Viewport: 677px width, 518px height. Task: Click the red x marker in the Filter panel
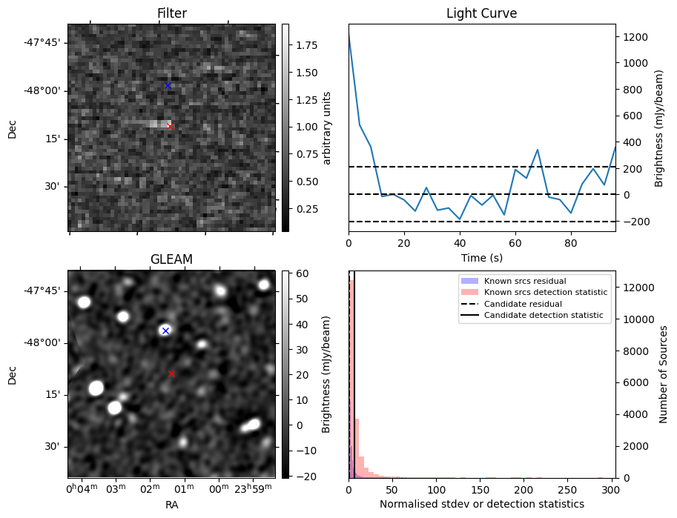click(170, 126)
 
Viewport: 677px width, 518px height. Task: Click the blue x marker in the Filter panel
click(168, 86)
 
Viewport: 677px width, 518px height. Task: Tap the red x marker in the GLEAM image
click(171, 373)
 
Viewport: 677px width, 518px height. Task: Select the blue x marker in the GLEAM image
click(165, 331)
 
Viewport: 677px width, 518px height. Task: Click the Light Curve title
click(481, 13)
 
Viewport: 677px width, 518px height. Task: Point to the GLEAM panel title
click(171, 259)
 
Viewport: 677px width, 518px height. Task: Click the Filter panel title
click(171, 13)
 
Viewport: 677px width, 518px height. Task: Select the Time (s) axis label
click(481, 257)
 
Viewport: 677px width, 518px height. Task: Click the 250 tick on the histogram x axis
click(567, 490)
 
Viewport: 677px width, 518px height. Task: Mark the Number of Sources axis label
click(664, 373)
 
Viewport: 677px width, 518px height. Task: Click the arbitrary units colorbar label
click(327, 127)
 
